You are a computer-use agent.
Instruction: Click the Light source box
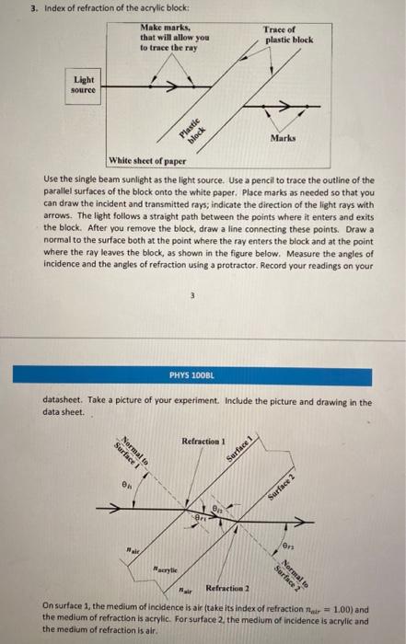tap(85, 86)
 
